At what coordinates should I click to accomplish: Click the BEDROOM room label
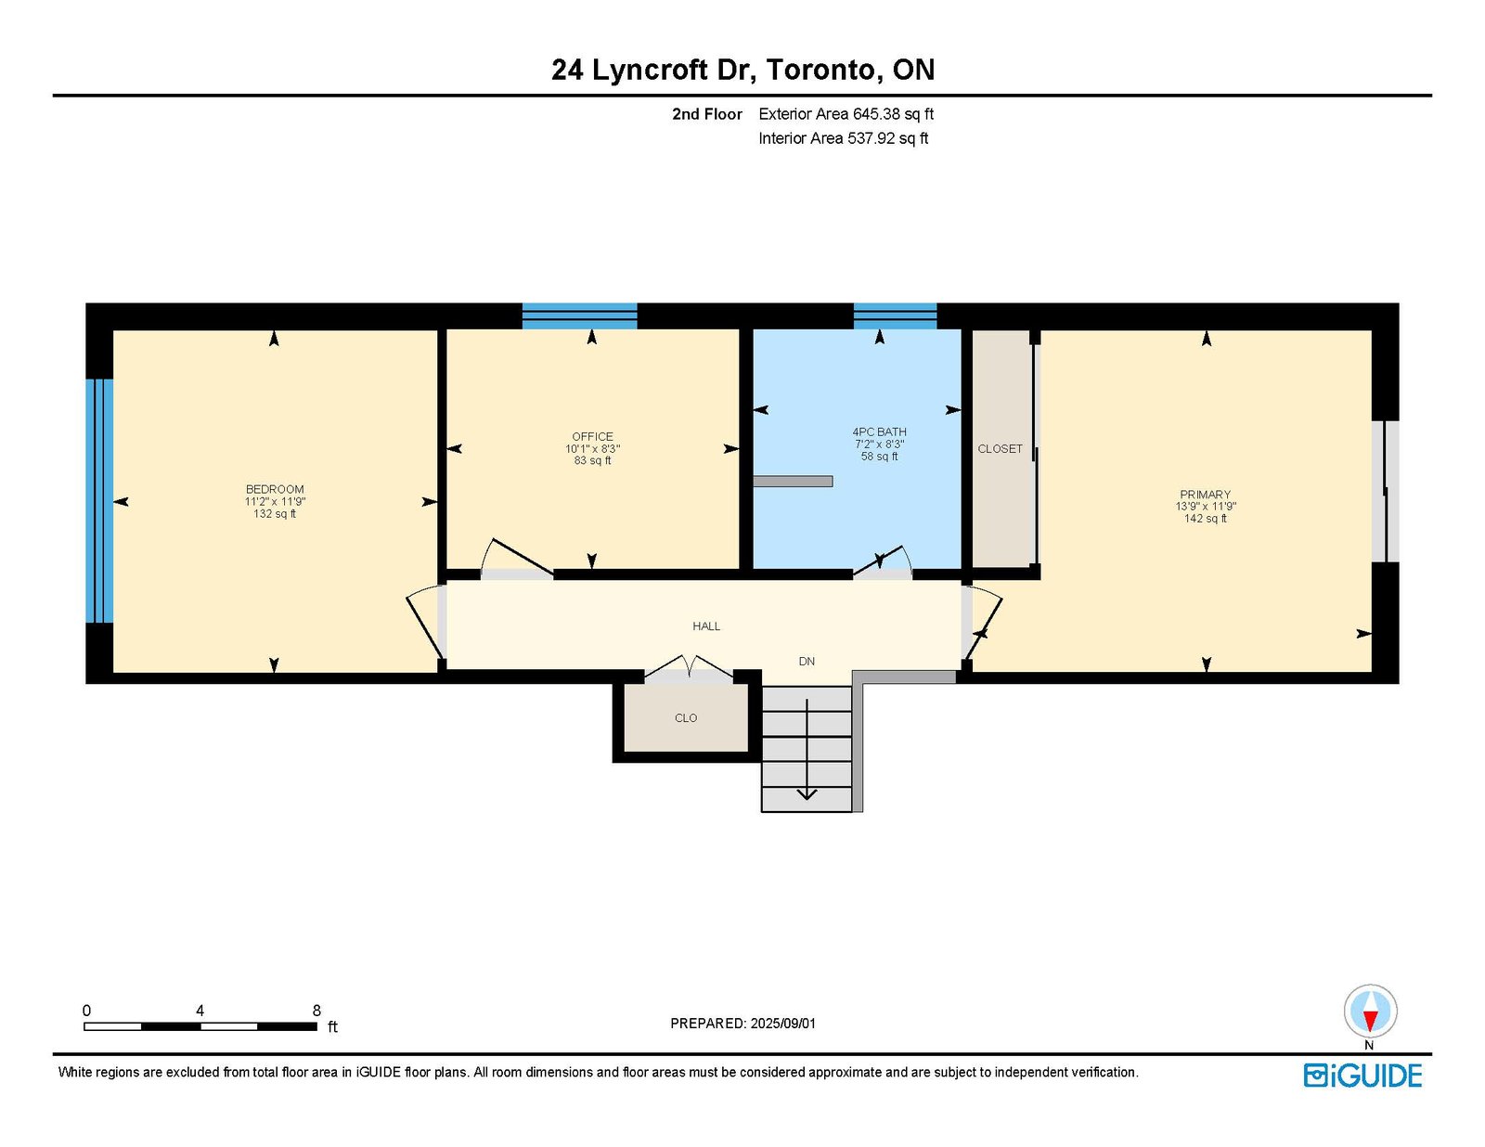click(x=275, y=489)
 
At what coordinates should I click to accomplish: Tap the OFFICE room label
click(x=592, y=436)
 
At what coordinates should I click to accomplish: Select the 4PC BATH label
click(x=880, y=432)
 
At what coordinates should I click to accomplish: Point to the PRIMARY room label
click(x=1206, y=495)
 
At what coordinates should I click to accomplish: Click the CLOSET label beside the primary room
click(x=1000, y=449)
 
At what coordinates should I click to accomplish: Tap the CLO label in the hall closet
click(x=686, y=718)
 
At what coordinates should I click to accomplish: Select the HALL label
click(x=706, y=626)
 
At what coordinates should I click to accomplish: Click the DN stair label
click(x=807, y=662)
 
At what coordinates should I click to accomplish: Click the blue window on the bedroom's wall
click(x=100, y=501)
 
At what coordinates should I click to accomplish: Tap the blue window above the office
click(x=579, y=316)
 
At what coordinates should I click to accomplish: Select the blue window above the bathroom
click(x=896, y=316)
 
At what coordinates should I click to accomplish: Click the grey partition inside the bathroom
click(x=793, y=481)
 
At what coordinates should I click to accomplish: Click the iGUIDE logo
click(x=1362, y=1076)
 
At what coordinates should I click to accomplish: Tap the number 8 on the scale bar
click(x=316, y=1011)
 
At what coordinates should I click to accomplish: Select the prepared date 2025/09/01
click(x=783, y=1024)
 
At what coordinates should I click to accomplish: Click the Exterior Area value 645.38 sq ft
click(x=893, y=114)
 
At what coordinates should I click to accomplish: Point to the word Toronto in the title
click(x=820, y=70)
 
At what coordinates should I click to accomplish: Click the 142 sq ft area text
click(x=1206, y=519)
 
